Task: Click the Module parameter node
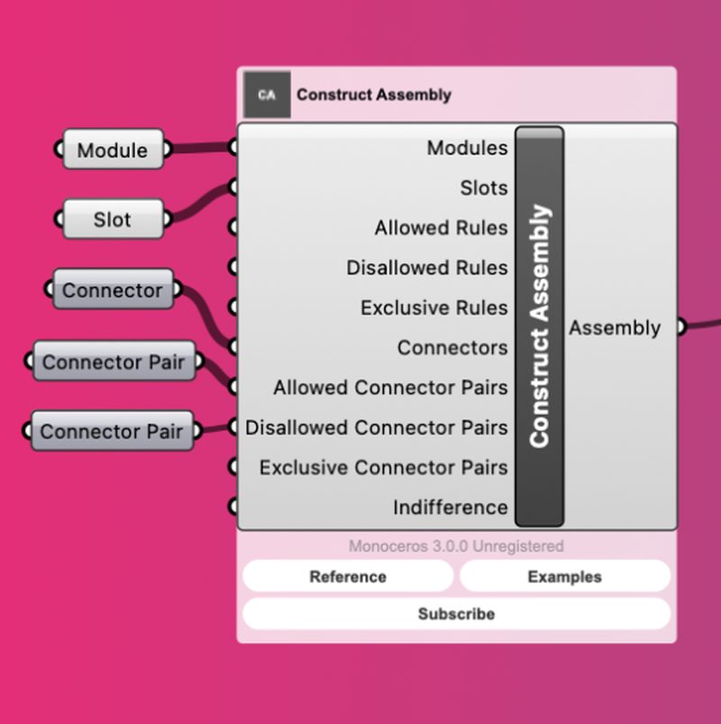(x=113, y=150)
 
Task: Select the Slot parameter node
(x=113, y=220)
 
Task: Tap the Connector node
(x=113, y=291)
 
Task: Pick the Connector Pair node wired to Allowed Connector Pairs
(x=114, y=362)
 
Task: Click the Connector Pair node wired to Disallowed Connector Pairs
(x=113, y=431)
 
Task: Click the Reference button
(x=348, y=576)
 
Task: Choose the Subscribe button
(x=456, y=614)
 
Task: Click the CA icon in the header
(x=267, y=95)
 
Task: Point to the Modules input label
(x=467, y=148)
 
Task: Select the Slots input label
(x=484, y=188)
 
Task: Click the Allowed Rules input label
(x=441, y=228)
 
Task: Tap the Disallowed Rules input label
(x=426, y=267)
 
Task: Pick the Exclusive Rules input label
(x=434, y=308)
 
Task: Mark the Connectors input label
(x=452, y=348)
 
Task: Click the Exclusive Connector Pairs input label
(x=383, y=467)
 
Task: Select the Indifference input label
(x=450, y=507)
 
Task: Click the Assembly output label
(x=615, y=328)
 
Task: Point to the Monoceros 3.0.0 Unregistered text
(x=456, y=547)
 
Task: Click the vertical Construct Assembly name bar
(x=539, y=326)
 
